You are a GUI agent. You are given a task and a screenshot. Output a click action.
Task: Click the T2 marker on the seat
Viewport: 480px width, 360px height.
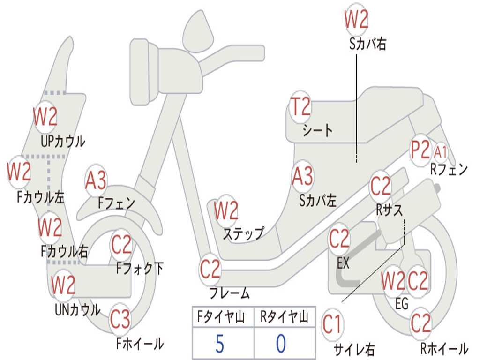(x=300, y=106)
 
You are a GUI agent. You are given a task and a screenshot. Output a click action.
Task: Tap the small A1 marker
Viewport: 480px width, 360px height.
(x=441, y=152)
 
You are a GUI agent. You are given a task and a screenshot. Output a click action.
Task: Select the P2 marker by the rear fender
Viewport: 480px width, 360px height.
(x=420, y=150)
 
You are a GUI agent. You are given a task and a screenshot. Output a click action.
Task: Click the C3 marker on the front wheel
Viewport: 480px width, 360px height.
(x=120, y=319)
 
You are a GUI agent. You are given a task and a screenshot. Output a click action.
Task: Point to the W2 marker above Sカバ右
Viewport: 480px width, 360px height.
(x=356, y=19)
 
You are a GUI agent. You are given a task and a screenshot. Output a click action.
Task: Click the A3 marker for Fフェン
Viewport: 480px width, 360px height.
(x=96, y=180)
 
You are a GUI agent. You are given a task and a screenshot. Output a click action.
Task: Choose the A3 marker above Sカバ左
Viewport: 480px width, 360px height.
(x=302, y=176)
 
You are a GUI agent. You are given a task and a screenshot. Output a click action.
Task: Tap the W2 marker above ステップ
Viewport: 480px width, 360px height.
(x=226, y=210)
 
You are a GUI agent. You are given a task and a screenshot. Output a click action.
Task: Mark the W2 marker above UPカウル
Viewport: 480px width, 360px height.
(x=45, y=117)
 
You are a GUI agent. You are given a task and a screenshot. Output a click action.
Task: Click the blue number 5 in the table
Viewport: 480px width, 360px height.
(x=220, y=344)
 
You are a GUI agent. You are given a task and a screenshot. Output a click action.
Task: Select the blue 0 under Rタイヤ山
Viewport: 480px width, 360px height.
(x=281, y=344)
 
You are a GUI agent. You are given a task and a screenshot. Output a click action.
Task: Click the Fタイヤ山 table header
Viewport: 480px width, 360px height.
(x=221, y=316)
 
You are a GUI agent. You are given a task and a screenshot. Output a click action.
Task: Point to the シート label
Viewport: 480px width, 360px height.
(x=317, y=131)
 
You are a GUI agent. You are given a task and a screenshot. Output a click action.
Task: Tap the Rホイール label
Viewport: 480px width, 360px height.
(x=444, y=348)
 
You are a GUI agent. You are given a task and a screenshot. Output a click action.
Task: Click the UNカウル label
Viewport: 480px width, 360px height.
(x=77, y=310)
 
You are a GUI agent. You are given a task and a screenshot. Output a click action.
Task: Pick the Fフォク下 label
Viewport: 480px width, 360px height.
(x=140, y=269)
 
